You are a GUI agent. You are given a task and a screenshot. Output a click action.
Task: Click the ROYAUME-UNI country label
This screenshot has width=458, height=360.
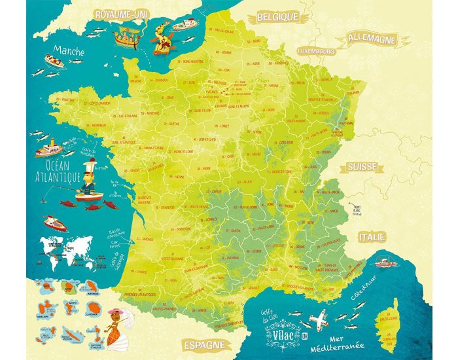(x=121, y=14)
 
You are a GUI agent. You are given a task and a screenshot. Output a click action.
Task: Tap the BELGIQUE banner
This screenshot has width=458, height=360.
(x=277, y=16)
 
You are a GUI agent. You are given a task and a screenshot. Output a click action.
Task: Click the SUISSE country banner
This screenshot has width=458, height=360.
(x=366, y=166)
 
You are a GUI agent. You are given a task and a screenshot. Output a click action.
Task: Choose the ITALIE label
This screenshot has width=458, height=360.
(x=371, y=236)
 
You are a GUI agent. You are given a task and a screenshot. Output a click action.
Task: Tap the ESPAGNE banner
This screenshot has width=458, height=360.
(x=204, y=344)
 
